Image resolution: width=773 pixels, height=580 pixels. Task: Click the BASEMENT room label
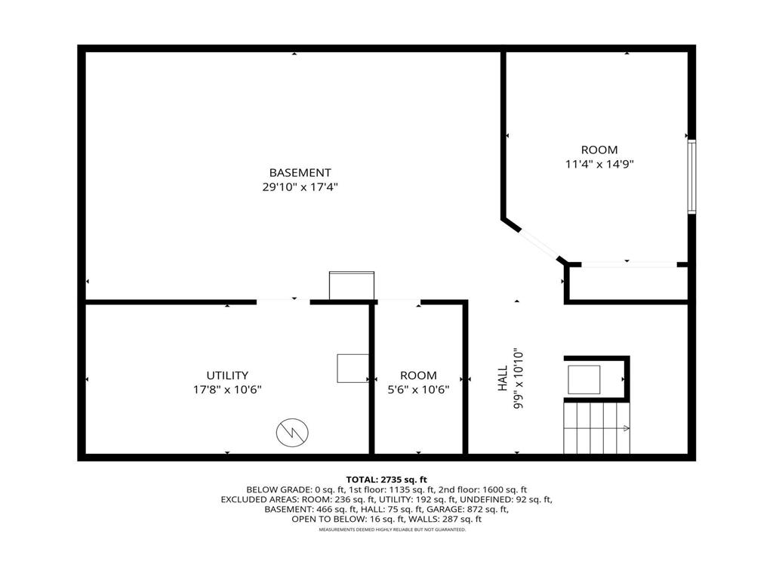[x=300, y=173]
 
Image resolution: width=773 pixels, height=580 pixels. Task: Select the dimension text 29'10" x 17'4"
[x=300, y=187]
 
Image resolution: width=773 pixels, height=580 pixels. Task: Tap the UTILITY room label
[x=227, y=375]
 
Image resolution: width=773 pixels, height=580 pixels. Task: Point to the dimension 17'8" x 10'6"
[x=227, y=390]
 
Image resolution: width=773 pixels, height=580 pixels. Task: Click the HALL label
[x=503, y=381]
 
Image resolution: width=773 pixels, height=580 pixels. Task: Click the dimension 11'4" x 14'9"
[x=599, y=164]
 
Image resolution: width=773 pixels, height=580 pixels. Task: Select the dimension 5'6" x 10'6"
[x=418, y=390]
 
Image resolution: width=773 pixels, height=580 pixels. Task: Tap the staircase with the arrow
[x=596, y=427]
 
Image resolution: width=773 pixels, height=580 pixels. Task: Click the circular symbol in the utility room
[x=291, y=432]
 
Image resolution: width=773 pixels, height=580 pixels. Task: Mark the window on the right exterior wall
[x=691, y=177]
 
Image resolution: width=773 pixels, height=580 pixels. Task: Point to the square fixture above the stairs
[x=584, y=379]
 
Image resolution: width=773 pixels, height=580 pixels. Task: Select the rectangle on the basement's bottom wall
[x=352, y=285]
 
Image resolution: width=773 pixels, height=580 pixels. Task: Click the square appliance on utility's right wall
[x=353, y=368]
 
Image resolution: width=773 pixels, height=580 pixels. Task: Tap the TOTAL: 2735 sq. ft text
[x=386, y=480]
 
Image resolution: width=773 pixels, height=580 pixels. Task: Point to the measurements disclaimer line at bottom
[x=392, y=530]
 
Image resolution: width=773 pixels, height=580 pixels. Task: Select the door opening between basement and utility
[x=283, y=302]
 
